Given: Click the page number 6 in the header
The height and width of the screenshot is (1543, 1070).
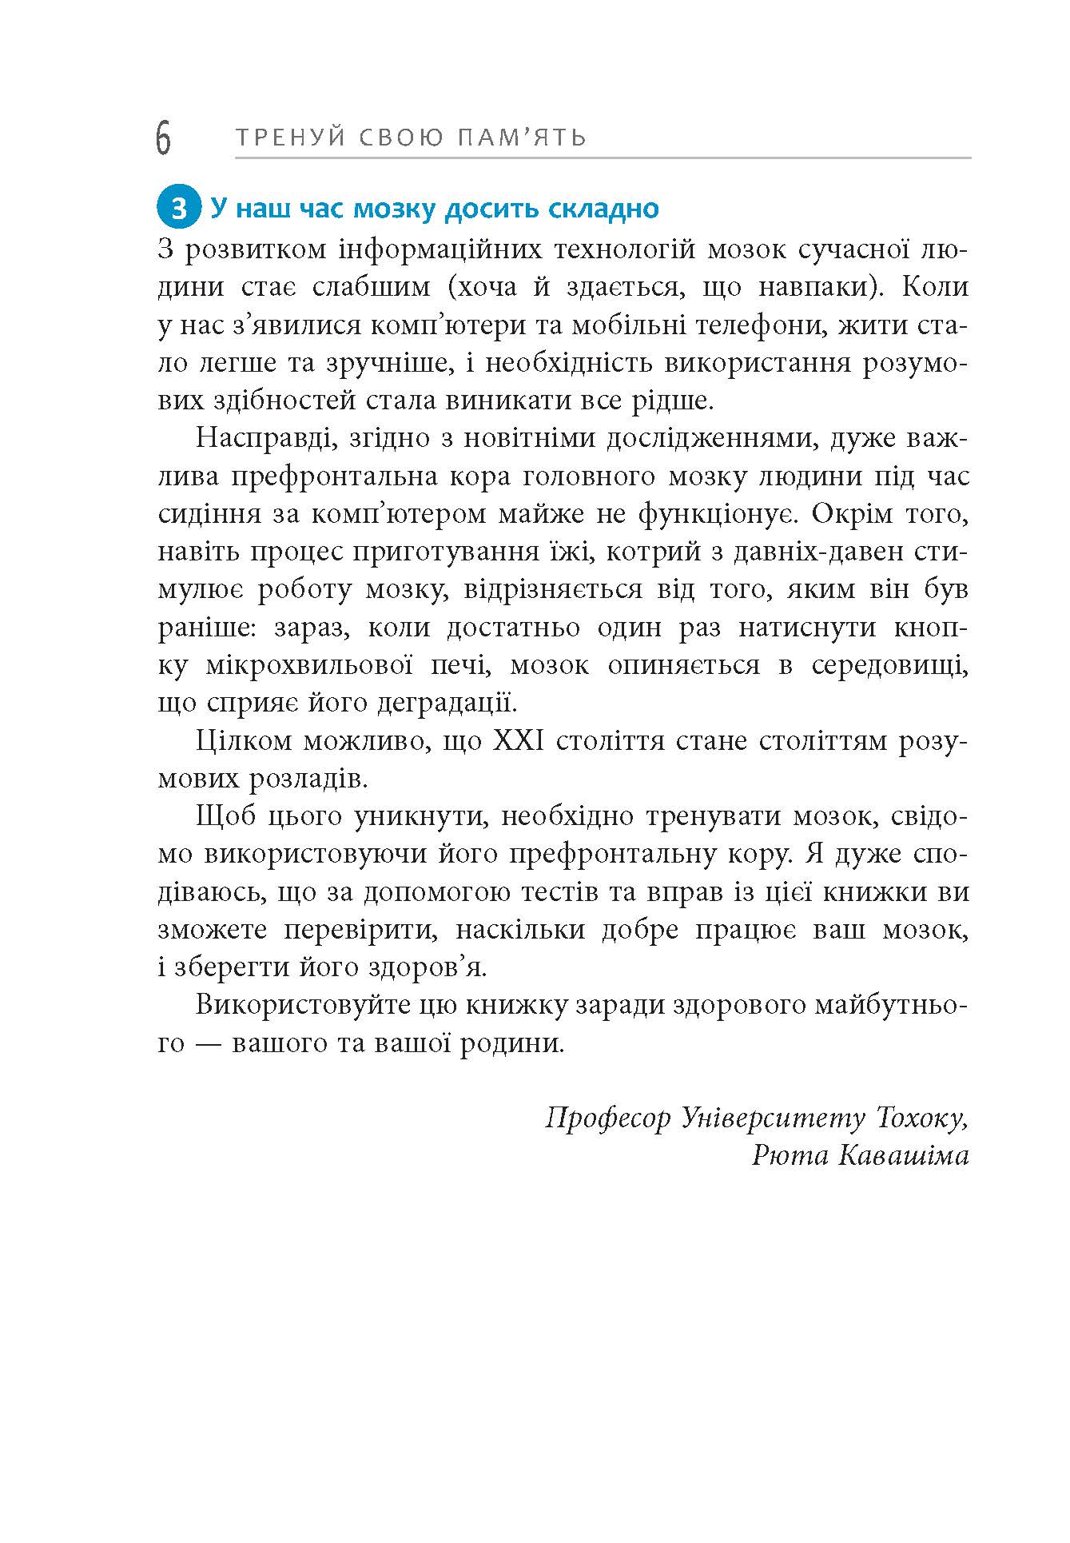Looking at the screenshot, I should click(163, 138).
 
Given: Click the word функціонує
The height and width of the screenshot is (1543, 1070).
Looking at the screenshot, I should click(716, 514).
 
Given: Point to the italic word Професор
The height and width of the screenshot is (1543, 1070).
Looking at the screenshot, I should click(608, 1118).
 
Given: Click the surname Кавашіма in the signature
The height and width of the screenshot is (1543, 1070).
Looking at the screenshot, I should click(903, 1156).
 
